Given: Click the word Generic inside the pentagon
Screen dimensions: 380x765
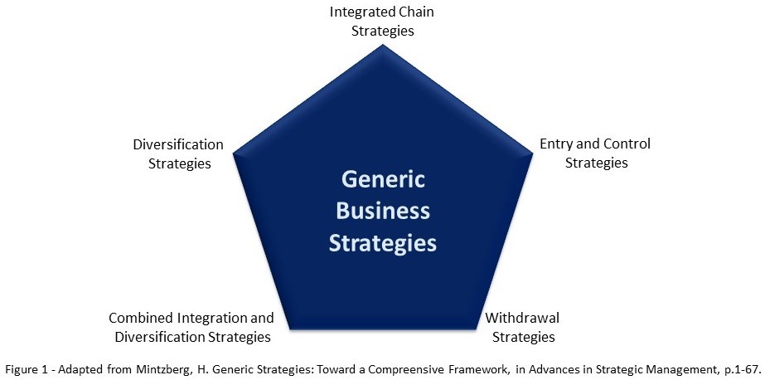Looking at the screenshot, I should [x=382, y=180].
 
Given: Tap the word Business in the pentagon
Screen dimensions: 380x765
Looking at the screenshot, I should [x=382, y=212].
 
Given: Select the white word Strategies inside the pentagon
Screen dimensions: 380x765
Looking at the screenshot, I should [x=382, y=243].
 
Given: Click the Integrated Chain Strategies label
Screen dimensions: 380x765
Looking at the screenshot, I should [x=382, y=22].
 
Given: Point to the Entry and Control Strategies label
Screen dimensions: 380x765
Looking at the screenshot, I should [x=595, y=153].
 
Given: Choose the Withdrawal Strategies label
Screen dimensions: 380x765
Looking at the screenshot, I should [x=520, y=327].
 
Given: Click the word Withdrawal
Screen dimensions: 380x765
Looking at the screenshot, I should [x=520, y=318].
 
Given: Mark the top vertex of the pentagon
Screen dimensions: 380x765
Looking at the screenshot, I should [x=382, y=45].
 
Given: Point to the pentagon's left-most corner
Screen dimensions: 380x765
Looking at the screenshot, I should [x=233, y=153].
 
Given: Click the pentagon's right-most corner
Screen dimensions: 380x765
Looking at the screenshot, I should [x=532, y=153].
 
